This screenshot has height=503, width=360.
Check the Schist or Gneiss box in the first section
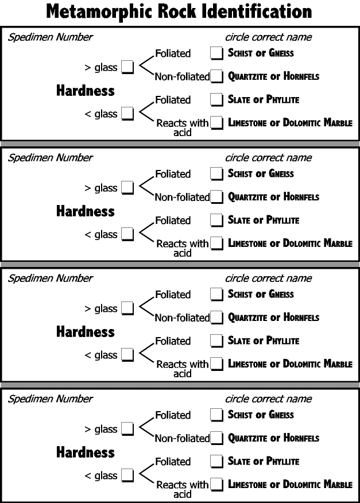(216, 53)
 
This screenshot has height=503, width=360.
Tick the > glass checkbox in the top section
(127, 67)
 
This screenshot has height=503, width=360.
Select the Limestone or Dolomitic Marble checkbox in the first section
(216, 122)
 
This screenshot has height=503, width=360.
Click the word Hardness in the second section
(86, 211)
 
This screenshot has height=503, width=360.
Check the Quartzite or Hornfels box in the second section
(216, 196)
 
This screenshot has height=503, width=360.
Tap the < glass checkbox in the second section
(127, 234)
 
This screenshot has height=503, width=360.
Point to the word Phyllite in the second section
(282, 220)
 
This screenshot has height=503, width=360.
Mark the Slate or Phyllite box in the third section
(216, 341)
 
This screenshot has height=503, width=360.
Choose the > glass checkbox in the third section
(127, 308)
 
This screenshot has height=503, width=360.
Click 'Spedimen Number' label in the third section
(51, 278)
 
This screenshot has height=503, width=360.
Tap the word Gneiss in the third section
(281, 294)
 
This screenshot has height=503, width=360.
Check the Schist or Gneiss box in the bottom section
(216, 415)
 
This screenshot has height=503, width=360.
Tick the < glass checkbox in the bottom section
(127, 475)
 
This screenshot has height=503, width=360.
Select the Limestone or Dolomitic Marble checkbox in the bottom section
(216, 485)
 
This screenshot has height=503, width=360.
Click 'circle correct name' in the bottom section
(268, 398)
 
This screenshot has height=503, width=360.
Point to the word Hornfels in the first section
(301, 76)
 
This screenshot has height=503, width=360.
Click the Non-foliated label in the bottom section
(182, 438)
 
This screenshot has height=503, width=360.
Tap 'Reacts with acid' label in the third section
(182, 369)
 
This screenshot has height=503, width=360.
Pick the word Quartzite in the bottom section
(247, 438)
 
